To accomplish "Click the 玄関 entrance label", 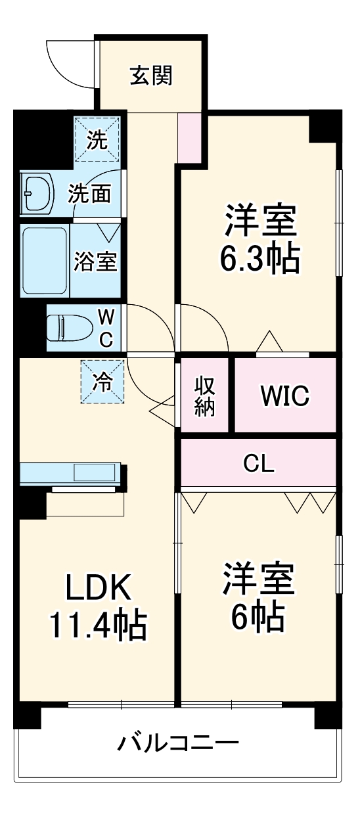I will click(150, 76).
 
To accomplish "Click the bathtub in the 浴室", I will click(45, 261).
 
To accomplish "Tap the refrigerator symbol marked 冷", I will click(102, 382).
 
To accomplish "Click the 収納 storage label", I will click(204, 396).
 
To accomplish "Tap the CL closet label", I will click(258, 464).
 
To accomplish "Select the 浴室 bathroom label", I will click(95, 261).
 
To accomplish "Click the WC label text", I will click(106, 328).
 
